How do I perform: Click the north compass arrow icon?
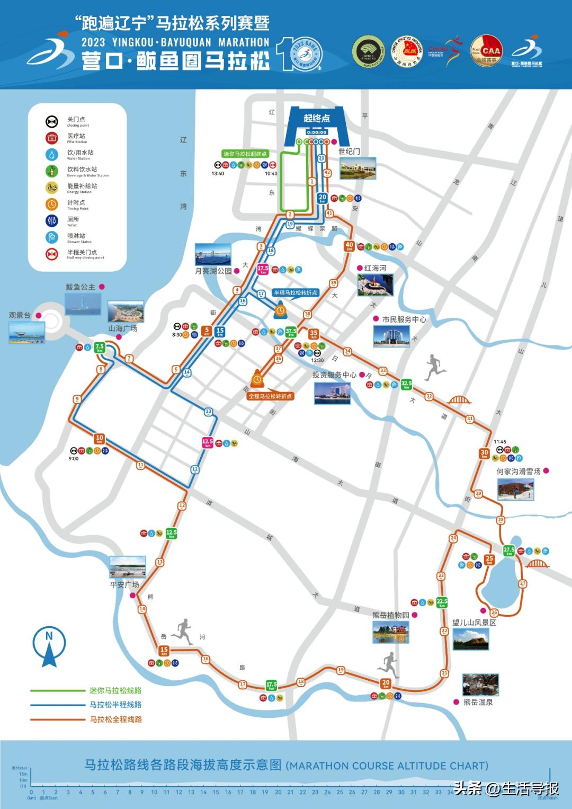(x=49, y=646)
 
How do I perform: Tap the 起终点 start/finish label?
(x=317, y=118)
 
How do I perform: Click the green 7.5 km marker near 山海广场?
(x=100, y=348)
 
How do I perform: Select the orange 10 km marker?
(x=100, y=439)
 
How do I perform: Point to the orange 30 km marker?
(x=484, y=454)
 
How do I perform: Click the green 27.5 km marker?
(x=509, y=550)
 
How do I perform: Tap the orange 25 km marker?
(x=489, y=559)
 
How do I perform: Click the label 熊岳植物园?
(x=391, y=615)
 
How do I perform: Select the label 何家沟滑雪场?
(x=519, y=471)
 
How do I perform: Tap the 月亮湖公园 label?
(x=213, y=271)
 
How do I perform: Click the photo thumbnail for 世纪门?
(x=358, y=168)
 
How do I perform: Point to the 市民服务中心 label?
(x=404, y=319)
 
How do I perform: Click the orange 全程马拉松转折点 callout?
(x=270, y=396)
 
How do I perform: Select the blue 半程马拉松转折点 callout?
(x=296, y=292)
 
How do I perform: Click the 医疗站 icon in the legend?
(x=51, y=138)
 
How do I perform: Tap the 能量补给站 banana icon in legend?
(x=51, y=188)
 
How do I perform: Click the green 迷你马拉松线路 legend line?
(x=57, y=690)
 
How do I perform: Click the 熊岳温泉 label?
(x=478, y=702)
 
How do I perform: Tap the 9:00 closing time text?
(x=74, y=459)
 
